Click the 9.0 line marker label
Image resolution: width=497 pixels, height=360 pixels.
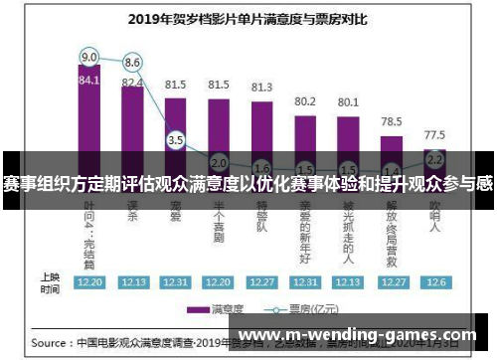(89, 56)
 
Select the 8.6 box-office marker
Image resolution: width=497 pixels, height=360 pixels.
(131, 63)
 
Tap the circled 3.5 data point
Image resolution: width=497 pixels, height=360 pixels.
(176, 140)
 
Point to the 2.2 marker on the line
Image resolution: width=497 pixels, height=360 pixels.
(434, 157)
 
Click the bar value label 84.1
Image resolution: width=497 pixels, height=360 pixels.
(89, 81)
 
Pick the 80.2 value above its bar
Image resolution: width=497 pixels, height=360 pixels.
(305, 101)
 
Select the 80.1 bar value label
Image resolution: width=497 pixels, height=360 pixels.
(348, 101)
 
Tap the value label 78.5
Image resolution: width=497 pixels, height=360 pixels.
(392, 119)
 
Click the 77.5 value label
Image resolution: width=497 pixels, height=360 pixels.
(434, 133)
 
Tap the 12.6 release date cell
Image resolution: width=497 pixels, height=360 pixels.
(434, 281)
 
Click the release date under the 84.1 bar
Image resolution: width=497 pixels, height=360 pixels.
(89, 281)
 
